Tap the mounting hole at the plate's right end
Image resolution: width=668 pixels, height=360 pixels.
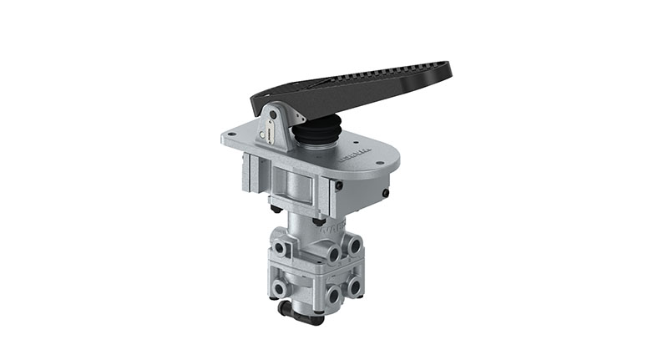380,165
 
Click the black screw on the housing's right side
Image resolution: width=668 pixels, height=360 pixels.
385,195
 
